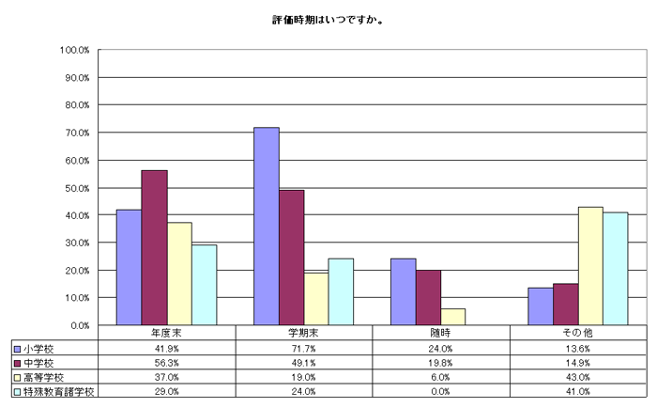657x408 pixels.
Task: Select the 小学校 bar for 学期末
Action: pyautogui.click(x=267, y=226)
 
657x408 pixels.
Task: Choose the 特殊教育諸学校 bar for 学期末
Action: pyautogui.click(x=342, y=291)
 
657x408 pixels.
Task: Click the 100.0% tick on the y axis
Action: pyautogui.click(x=74, y=50)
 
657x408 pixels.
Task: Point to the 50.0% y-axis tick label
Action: pyautogui.click(x=74, y=188)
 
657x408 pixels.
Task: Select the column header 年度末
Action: pyautogui.click(x=166, y=333)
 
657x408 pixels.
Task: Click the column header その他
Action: pyautogui.click(x=579, y=333)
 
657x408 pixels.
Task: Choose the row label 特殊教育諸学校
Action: pyautogui.click(x=58, y=390)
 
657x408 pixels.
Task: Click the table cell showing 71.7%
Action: pyautogui.click(x=304, y=348)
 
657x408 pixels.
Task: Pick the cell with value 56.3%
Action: pyautogui.click(x=166, y=362)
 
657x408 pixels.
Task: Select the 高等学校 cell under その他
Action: pyautogui.click(x=579, y=376)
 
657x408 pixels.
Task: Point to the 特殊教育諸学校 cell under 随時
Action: pyautogui.click(x=441, y=390)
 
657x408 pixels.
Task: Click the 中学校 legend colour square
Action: pyautogui.click(x=18, y=362)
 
